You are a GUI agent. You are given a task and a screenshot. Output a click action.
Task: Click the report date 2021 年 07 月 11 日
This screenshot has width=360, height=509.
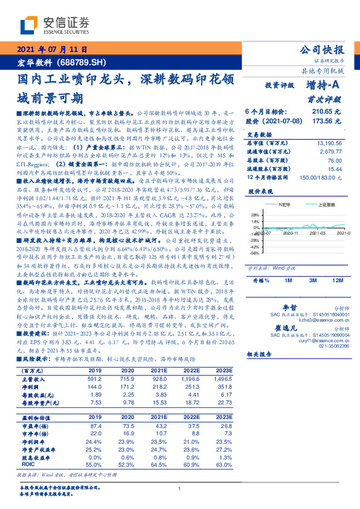tap(53, 50)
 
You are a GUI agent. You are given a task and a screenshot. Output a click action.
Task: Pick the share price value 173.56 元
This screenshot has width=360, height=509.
tap(327, 121)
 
